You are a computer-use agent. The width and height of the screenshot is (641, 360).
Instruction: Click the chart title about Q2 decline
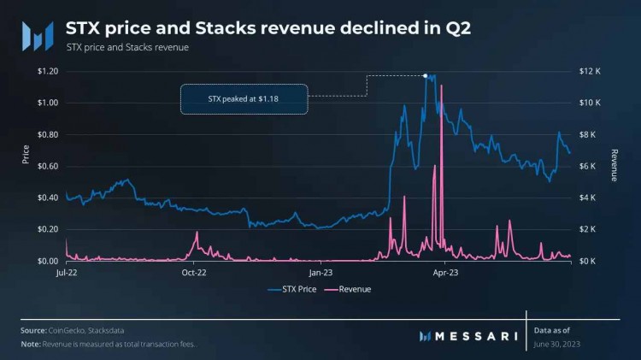[x=285, y=27]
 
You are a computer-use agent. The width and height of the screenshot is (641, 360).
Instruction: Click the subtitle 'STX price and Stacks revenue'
[x=127, y=47]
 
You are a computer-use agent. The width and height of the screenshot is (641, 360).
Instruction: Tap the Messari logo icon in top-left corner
[x=37, y=35]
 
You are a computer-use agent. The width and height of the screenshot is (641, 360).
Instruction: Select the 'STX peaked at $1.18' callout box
[x=244, y=99]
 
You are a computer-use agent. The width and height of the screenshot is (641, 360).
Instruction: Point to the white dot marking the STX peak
[x=426, y=75]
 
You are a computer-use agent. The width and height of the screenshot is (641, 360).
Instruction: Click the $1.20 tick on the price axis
[x=47, y=71]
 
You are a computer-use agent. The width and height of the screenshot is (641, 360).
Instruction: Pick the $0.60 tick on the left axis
[x=47, y=166]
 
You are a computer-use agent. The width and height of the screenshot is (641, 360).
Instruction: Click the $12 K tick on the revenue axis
[x=593, y=71]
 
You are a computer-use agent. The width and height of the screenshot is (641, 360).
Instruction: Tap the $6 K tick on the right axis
[x=591, y=166]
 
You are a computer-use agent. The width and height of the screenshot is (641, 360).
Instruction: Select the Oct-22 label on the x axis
[x=195, y=273]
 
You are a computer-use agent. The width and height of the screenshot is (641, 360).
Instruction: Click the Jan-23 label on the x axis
[x=320, y=273]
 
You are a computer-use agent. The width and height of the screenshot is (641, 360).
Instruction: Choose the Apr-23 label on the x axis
[x=446, y=273]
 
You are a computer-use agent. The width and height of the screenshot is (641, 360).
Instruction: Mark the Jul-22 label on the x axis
[x=67, y=273]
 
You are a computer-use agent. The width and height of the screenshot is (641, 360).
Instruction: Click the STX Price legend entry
[x=295, y=289]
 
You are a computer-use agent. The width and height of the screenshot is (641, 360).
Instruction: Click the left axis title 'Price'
[x=26, y=154]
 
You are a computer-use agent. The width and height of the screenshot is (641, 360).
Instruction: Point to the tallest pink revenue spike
[x=441, y=111]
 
